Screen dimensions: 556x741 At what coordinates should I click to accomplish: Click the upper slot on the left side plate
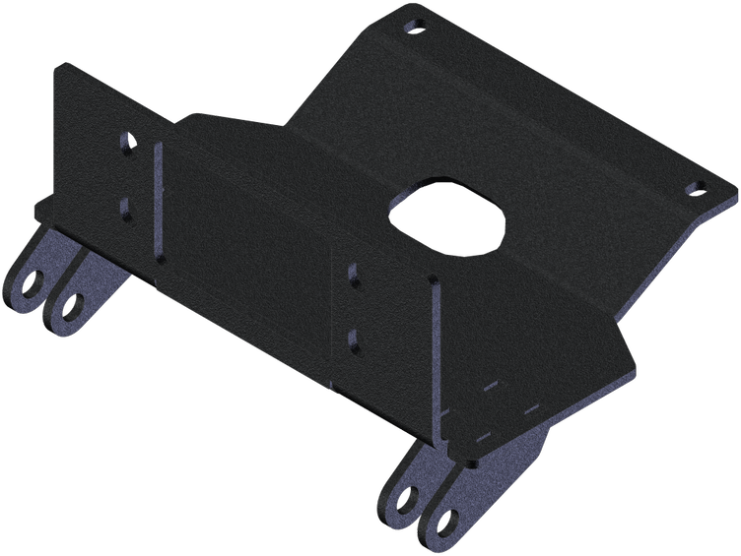125,142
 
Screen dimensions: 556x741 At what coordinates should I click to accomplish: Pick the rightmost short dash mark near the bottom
531,406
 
